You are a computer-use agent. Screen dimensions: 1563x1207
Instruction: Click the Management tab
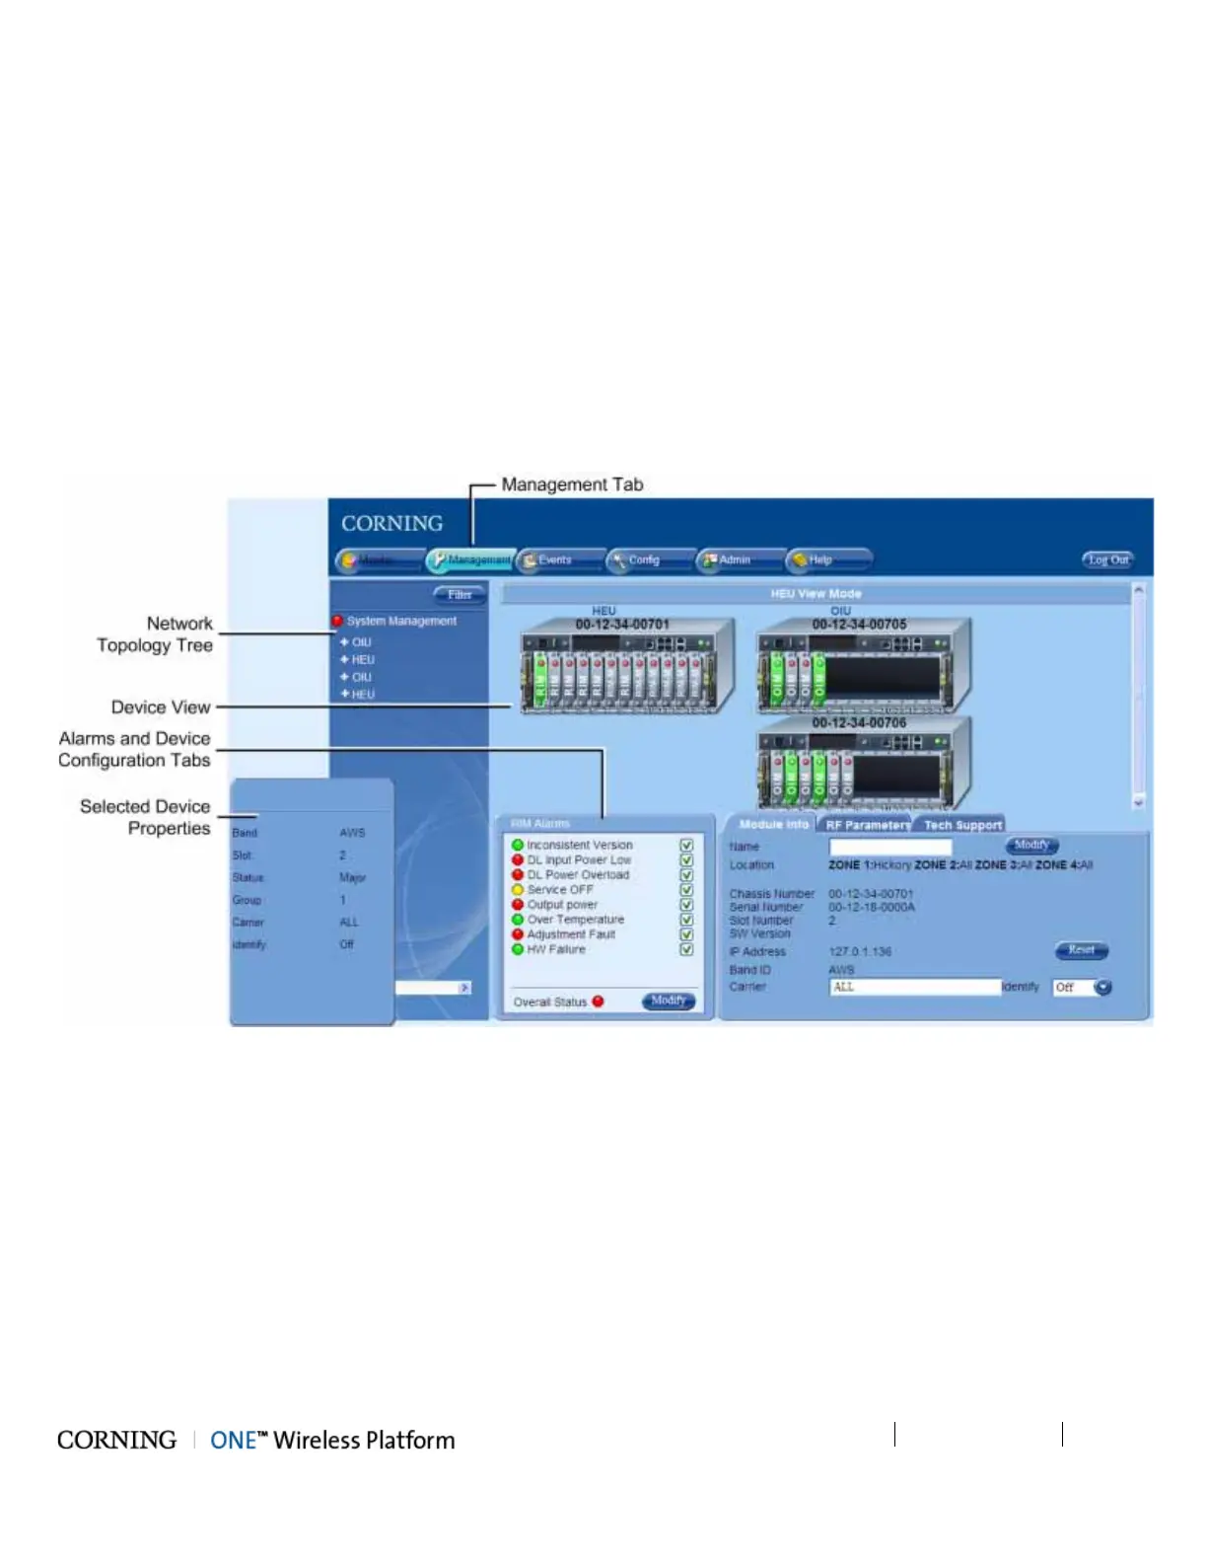[x=471, y=560]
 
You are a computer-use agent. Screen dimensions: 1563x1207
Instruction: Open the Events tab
[x=556, y=560]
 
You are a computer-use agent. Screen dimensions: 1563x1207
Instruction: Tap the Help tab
[x=822, y=560]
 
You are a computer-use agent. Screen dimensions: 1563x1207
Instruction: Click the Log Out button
[x=1107, y=560]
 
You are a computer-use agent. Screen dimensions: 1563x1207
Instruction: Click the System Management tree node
[x=400, y=622]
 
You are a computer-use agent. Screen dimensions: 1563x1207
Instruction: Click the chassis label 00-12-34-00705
[x=859, y=625]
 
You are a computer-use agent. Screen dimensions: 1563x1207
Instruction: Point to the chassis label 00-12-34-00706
[x=859, y=723]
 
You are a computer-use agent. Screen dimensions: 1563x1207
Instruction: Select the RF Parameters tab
[x=868, y=825]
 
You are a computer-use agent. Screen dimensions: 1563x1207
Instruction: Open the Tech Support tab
[x=962, y=825]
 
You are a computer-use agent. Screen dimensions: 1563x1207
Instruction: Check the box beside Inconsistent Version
[x=686, y=846]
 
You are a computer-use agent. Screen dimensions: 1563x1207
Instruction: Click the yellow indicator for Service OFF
[x=518, y=890]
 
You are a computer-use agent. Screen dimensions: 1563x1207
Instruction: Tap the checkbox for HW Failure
[x=686, y=950]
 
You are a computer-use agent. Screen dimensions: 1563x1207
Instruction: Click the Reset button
[x=1082, y=950]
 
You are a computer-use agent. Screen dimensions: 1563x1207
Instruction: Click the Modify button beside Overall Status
[x=669, y=1001]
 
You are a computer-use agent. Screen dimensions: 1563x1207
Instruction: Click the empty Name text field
[x=890, y=847]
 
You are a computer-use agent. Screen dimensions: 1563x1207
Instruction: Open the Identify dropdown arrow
[x=1102, y=988]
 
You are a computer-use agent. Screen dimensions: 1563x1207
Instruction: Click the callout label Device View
[x=161, y=707]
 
